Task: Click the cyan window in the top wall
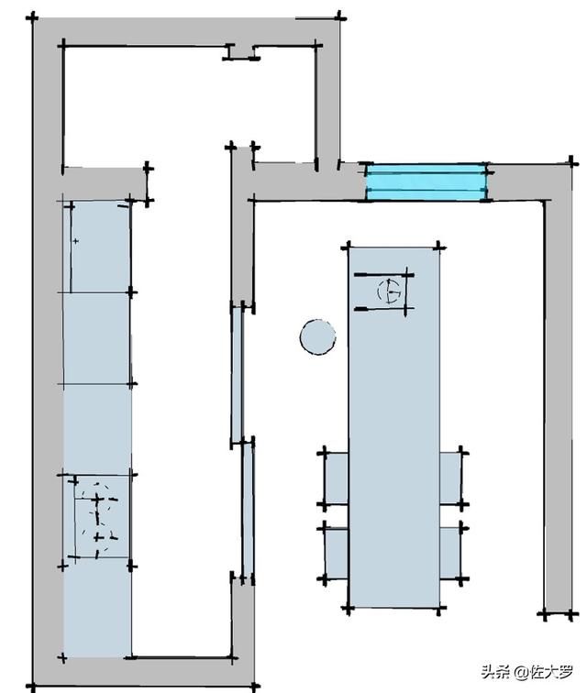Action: [x=426, y=181]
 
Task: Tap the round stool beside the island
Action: [x=317, y=336]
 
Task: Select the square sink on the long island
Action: [x=384, y=292]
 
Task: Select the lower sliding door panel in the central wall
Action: [x=247, y=509]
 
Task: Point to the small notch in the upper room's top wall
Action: [x=241, y=53]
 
